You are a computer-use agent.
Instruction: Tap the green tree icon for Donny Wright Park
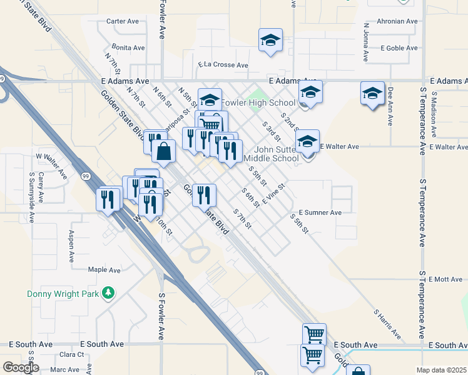109,292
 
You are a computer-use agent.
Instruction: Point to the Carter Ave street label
123,21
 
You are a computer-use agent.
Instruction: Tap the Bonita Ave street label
128,47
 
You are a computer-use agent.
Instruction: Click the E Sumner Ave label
320,213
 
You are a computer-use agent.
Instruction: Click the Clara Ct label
72,355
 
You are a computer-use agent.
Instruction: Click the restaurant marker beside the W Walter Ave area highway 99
108,199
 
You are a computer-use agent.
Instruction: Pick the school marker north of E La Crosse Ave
270,41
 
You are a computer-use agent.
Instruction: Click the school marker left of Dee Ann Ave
372,94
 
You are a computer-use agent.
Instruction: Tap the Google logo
21,367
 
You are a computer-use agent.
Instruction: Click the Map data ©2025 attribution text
441,370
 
